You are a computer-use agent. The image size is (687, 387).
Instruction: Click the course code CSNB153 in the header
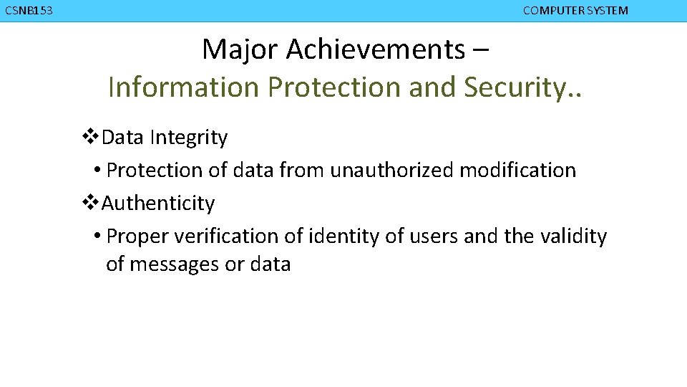pos(29,11)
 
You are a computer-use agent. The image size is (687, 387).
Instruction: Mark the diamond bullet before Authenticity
pos(92,203)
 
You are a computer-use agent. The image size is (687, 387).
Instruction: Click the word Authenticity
pos(158,204)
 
